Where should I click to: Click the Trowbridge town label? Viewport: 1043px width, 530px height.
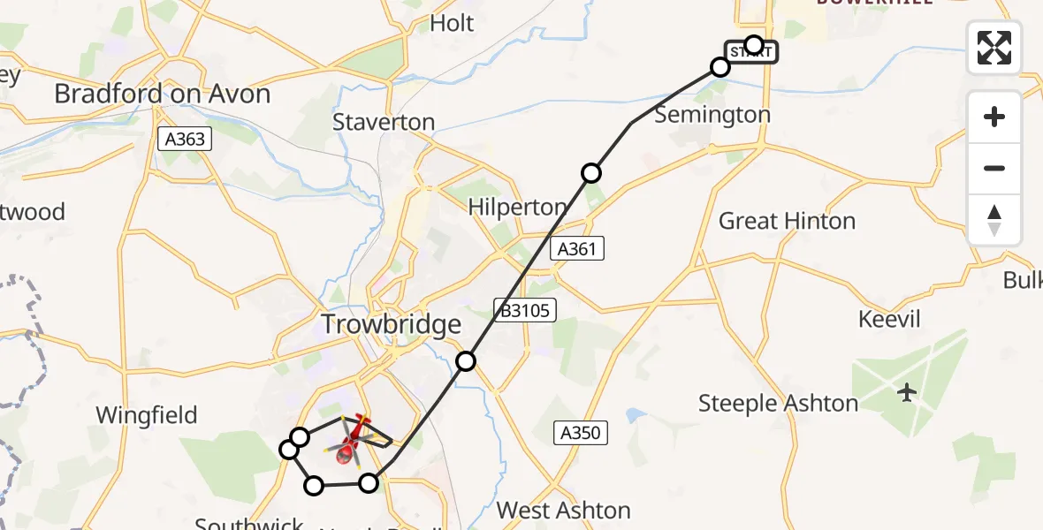pyautogui.click(x=391, y=324)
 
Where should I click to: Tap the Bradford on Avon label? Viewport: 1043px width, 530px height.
pyautogui.click(x=162, y=94)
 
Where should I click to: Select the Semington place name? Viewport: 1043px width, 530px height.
pyautogui.click(x=712, y=115)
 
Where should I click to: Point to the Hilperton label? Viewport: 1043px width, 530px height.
pyautogui.click(x=517, y=208)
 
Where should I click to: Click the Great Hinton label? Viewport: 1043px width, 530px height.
pyautogui.click(x=787, y=221)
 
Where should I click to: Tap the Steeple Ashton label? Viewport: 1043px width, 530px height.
pyautogui.click(x=778, y=404)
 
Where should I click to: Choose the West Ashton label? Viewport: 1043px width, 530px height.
pyautogui.click(x=563, y=510)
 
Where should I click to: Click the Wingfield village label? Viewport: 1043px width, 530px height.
pyautogui.click(x=146, y=415)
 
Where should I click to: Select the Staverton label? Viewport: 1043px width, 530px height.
pyautogui.click(x=384, y=122)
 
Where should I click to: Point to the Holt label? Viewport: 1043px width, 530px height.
pyautogui.click(x=452, y=23)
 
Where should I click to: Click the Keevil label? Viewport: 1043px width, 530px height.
pyautogui.click(x=889, y=319)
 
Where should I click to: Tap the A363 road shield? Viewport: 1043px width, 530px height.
pyautogui.click(x=184, y=138)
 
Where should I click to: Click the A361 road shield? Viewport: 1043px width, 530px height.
pyautogui.click(x=577, y=249)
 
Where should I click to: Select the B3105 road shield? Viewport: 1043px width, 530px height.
pyautogui.click(x=524, y=308)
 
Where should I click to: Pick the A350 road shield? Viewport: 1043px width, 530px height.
pyautogui.click(x=582, y=432)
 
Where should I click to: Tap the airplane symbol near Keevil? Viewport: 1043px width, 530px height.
pyautogui.click(x=907, y=392)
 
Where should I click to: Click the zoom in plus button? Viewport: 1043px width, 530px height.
pyautogui.click(x=994, y=117)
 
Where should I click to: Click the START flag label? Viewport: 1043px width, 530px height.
pyautogui.click(x=750, y=52)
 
